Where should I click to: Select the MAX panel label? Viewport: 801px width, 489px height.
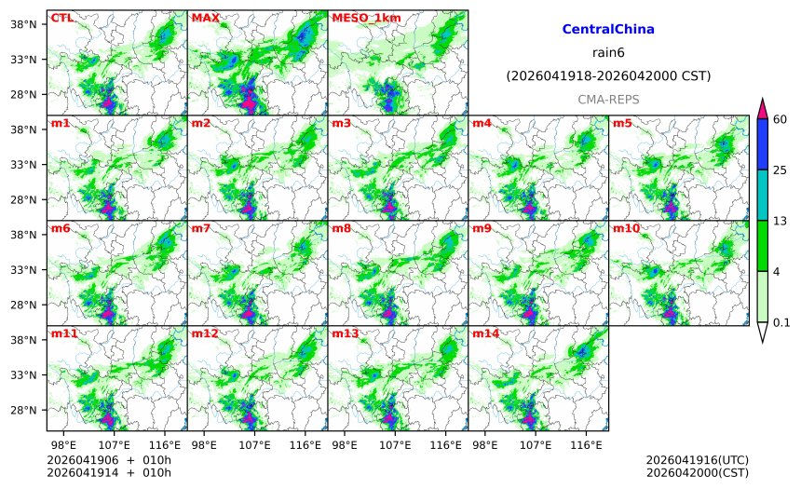pyautogui.click(x=205, y=18)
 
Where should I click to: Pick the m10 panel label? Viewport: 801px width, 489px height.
pyautogui.click(x=626, y=228)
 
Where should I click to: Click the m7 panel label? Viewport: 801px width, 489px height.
pyautogui.click(x=200, y=228)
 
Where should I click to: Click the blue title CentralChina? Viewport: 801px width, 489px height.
pyautogui.click(x=608, y=30)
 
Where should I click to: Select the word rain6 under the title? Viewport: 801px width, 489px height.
pyautogui.click(x=608, y=52)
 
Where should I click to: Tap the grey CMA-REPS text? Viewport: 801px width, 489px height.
pyautogui.click(x=608, y=99)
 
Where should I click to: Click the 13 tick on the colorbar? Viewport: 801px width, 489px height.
pyautogui.click(x=781, y=220)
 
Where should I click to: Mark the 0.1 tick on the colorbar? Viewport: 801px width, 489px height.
pyautogui.click(x=782, y=322)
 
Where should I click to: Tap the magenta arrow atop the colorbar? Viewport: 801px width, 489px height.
pyautogui.click(x=762, y=107)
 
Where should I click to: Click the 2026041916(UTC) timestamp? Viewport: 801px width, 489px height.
pyautogui.click(x=697, y=460)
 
